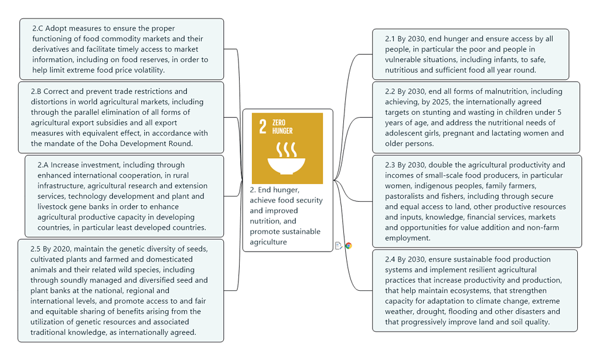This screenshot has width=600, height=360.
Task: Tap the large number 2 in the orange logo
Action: [262, 127]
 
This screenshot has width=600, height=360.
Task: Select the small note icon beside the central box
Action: [339, 246]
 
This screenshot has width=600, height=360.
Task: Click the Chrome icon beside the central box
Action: [349, 246]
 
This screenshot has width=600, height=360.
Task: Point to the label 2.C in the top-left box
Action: [37, 28]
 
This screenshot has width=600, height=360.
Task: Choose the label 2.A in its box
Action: [44, 165]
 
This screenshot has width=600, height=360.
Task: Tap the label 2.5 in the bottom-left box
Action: [35, 249]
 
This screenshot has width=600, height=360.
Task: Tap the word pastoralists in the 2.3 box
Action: [406, 196]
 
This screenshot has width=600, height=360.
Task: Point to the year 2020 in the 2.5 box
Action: [67, 249]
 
